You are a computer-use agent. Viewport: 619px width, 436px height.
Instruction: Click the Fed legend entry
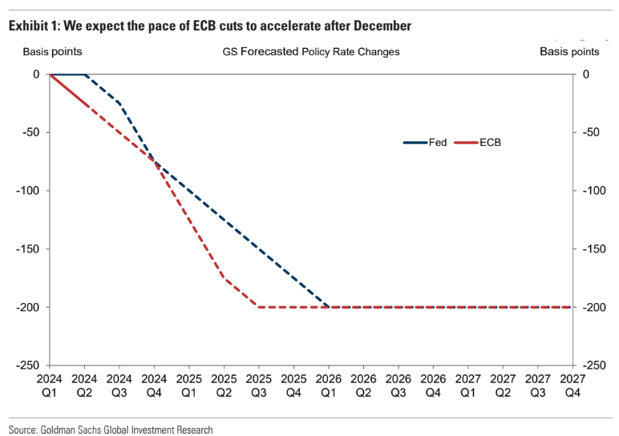pos(425,143)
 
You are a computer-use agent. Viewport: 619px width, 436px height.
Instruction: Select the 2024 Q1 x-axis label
pos(50,386)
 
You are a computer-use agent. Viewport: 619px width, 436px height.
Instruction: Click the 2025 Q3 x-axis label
pos(259,386)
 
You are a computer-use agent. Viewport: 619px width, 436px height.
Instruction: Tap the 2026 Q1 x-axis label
pos(329,386)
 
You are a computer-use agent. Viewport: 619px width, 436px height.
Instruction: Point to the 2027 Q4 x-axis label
pos(572,386)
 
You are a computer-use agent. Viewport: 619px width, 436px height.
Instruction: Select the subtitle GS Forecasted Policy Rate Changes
pos(311,51)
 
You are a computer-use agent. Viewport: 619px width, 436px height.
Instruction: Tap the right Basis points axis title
pos(569,51)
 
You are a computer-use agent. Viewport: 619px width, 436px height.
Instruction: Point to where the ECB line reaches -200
pos(259,307)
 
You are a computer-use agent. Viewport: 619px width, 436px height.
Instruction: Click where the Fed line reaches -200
pos(329,307)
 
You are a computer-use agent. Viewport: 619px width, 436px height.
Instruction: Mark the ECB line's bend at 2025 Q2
pos(225,278)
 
